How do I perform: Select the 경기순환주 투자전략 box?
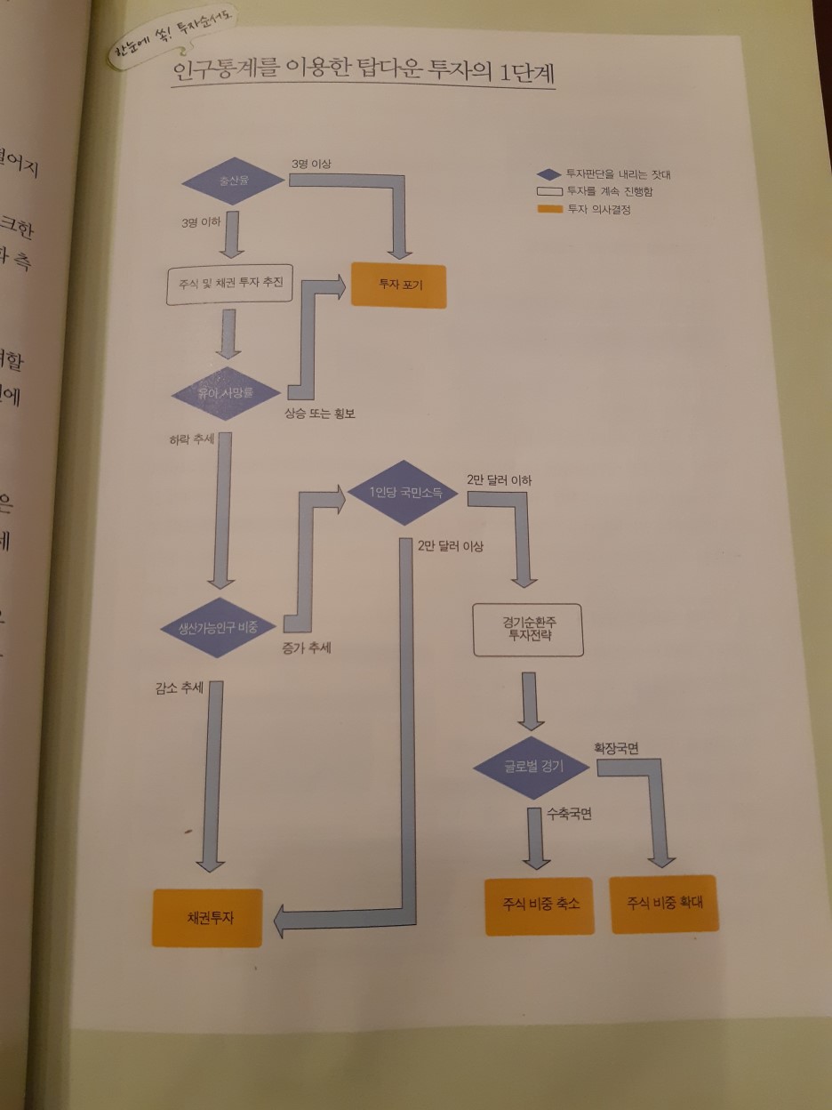coord(528,630)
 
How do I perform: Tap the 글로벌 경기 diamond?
coord(532,767)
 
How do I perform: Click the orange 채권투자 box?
coord(208,917)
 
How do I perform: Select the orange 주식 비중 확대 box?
coord(665,903)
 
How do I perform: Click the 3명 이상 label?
coord(311,164)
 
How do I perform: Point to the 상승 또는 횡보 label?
coord(320,414)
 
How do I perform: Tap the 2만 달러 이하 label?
coord(500,480)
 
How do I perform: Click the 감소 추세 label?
coord(180,688)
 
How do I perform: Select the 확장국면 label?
coord(616,748)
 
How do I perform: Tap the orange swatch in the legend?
coord(550,210)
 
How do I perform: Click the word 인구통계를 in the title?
coord(211,73)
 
